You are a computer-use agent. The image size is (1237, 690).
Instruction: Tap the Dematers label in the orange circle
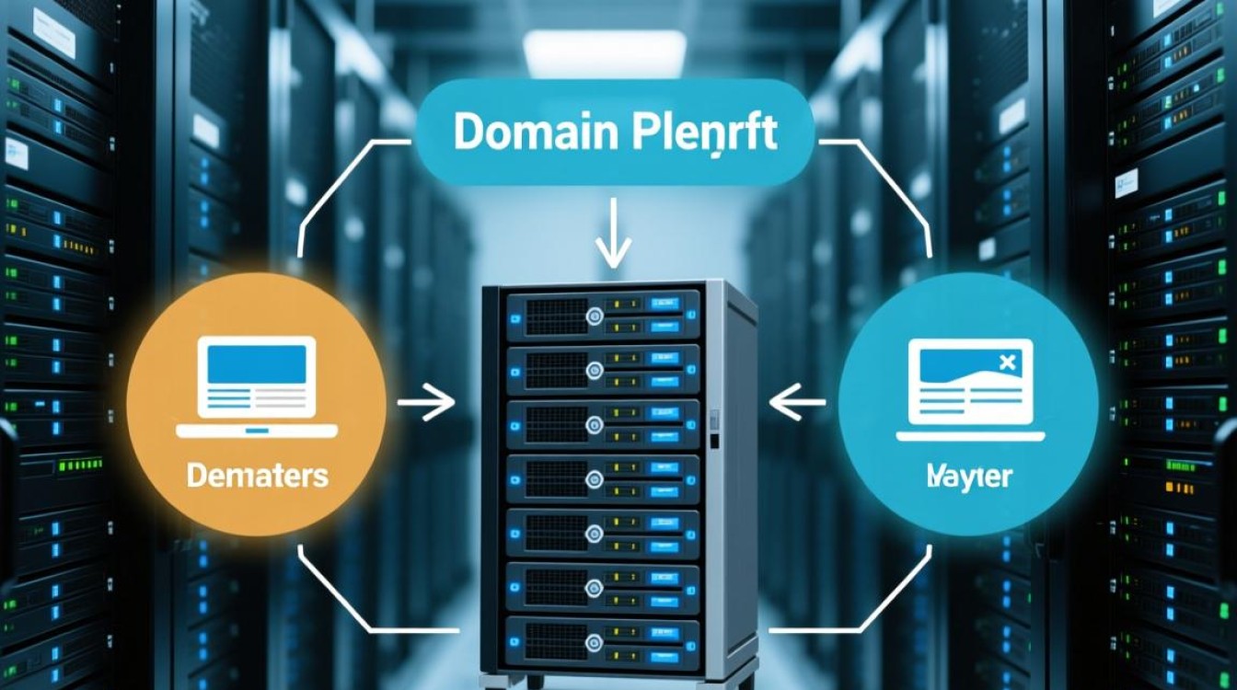click(257, 477)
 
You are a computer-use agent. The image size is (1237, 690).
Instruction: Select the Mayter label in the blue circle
click(969, 477)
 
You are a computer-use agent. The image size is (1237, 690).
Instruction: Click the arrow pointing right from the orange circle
click(425, 403)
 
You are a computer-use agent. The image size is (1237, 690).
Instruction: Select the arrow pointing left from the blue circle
click(799, 403)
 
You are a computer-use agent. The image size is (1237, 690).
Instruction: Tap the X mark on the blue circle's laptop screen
click(1006, 362)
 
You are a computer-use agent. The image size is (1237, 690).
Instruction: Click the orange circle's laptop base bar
click(257, 430)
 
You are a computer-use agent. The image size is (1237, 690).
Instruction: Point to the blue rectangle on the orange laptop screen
click(257, 364)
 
